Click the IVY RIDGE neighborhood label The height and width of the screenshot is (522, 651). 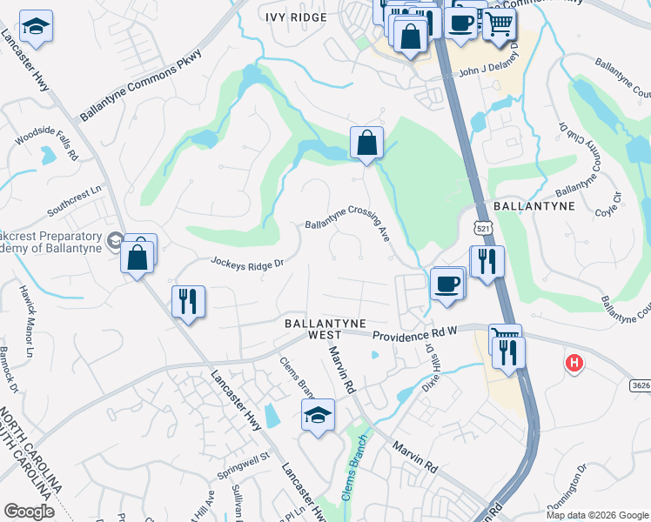[297, 17]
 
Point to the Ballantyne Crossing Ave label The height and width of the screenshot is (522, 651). [346, 222]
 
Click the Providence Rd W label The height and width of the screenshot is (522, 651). [415, 333]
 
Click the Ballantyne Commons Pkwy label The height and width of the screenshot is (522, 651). [140, 85]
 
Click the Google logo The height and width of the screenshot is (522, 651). [30, 512]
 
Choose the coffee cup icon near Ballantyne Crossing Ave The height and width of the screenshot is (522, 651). [447, 283]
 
